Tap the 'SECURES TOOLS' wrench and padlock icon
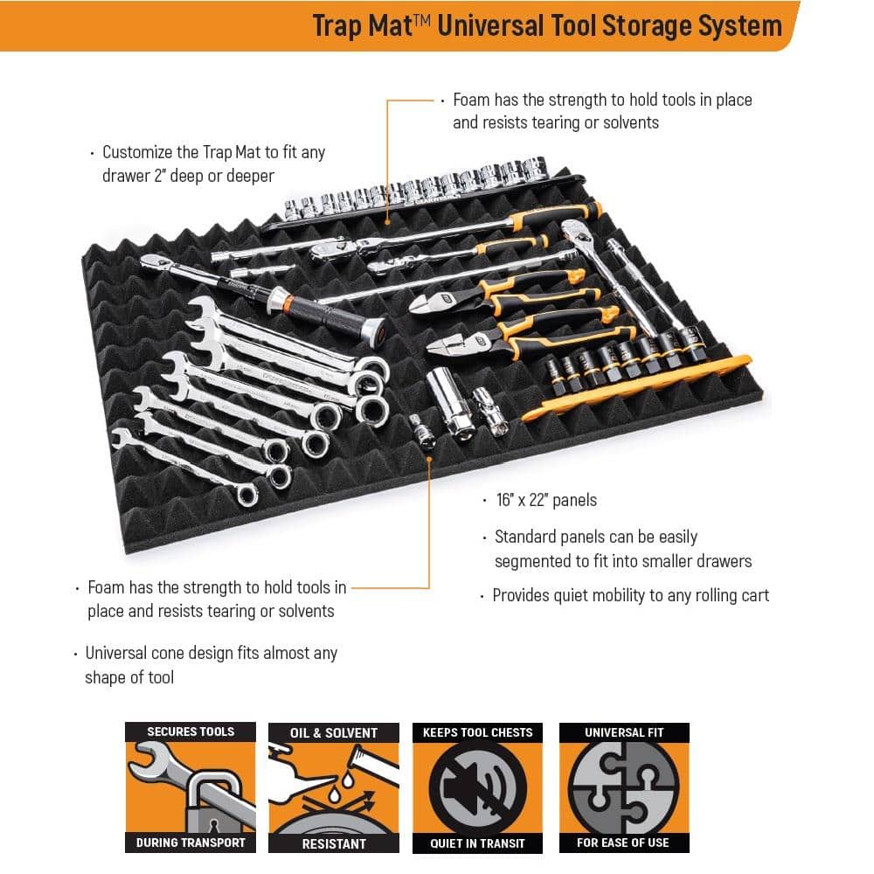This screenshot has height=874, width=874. (x=191, y=787)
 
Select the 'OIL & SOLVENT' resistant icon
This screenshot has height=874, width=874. (x=334, y=787)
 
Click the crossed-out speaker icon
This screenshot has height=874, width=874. (x=478, y=787)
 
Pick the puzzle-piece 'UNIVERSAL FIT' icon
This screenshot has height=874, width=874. (x=624, y=787)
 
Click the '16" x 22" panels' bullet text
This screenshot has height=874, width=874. (x=546, y=500)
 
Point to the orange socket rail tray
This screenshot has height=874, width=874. (x=635, y=387)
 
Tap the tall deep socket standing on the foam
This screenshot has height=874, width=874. (x=450, y=402)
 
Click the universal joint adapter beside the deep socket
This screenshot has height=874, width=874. (x=489, y=412)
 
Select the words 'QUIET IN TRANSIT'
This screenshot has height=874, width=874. (x=477, y=843)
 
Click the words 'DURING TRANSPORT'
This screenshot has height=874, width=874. (x=191, y=843)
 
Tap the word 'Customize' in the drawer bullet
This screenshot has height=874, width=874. (x=137, y=152)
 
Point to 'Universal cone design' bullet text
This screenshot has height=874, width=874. (x=211, y=664)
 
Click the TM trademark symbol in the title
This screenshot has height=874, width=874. (x=422, y=20)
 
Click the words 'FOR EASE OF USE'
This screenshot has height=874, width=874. (x=623, y=843)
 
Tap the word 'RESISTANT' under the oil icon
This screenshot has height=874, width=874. (x=334, y=844)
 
